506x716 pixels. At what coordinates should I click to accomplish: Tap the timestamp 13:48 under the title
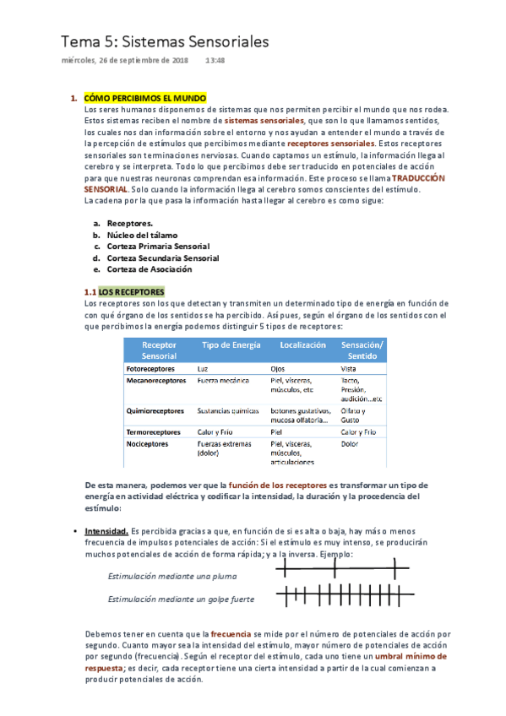click(215, 61)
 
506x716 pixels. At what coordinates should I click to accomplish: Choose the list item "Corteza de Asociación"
click(148, 269)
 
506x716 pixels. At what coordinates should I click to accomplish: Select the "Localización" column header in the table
click(302, 345)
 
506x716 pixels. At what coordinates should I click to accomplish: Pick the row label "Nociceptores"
click(147, 443)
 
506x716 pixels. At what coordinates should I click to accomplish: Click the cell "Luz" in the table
click(203, 369)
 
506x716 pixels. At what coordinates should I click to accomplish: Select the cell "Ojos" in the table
click(278, 369)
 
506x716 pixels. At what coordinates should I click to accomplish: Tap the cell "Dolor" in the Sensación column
click(350, 443)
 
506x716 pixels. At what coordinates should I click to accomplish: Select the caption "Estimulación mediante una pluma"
click(172, 576)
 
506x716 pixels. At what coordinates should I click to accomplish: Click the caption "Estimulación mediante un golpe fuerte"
click(181, 599)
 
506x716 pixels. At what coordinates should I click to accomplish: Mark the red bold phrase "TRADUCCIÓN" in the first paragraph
click(417, 179)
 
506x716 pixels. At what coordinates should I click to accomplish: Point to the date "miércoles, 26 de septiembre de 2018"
click(124, 61)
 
